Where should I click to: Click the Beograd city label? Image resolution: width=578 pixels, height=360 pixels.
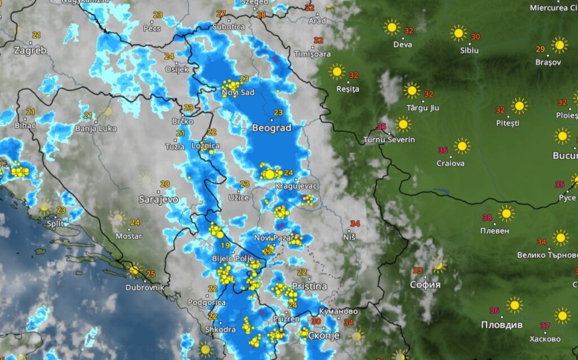click(272, 128)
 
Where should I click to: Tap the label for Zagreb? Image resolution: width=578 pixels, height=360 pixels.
click(30, 50)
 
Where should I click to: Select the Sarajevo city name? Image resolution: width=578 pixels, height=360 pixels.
click(158, 199)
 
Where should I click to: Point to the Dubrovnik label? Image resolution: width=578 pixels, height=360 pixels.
click(144, 287)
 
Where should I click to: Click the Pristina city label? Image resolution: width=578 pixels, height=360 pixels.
click(309, 287)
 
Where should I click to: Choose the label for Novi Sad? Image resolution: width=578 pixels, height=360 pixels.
click(238, 93)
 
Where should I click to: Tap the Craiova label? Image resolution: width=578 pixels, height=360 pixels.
click(450, 163)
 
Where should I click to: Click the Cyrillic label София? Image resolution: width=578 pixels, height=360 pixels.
click(425, 284)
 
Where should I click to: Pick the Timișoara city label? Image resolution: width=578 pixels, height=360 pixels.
click(312, 54)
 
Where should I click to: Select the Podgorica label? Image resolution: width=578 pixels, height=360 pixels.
click(202, 302)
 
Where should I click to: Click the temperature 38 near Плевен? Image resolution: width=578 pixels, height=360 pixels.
click(488, 218)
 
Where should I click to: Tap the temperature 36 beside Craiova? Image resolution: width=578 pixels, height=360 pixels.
click(443, 150)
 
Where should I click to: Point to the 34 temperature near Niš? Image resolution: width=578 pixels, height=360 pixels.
click(355, 224)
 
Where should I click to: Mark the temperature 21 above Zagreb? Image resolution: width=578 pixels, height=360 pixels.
click(37, 35)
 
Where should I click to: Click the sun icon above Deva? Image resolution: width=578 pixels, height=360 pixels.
click(391, 27)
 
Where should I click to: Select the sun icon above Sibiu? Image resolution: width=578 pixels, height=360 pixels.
click(458, 33)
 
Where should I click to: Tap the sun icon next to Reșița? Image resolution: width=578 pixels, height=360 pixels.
click(337, 72)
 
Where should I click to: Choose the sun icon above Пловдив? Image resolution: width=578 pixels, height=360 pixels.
click(514, 305)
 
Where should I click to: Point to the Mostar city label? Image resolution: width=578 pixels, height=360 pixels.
click(129, 236)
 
